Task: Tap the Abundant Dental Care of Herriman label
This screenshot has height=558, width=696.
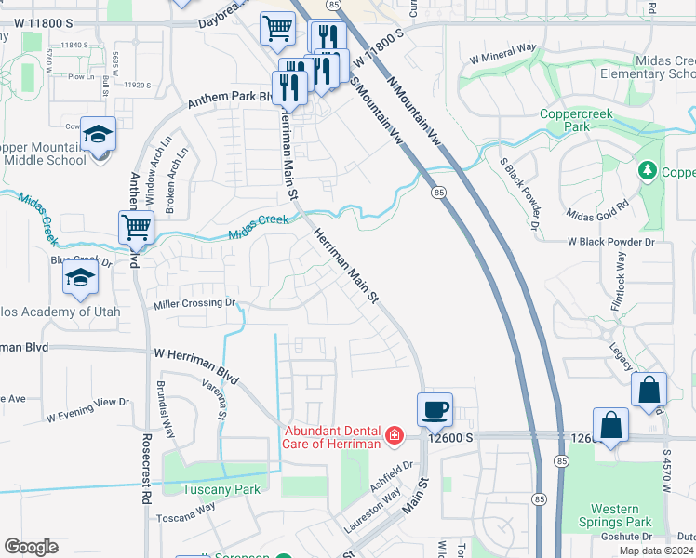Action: (x=334, y=436)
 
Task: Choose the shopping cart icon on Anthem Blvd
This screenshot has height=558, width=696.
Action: (x=136, y=226)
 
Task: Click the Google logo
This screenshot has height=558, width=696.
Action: (x=31, y=547)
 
